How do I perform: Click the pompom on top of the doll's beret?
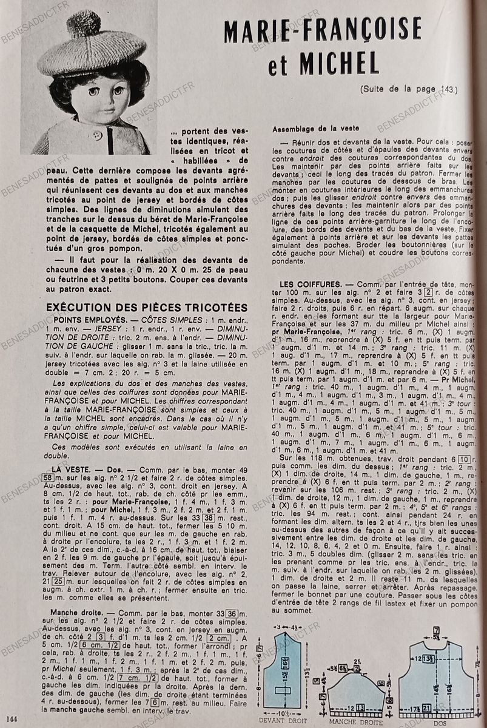coord(83,24)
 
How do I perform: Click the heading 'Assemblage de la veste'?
coord(315,129)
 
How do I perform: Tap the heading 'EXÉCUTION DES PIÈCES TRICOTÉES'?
coord(147,308)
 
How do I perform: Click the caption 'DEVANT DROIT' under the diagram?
coord(283,720)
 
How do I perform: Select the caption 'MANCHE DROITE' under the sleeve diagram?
coord(355,722)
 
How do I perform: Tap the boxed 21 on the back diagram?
coord(428,708)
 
